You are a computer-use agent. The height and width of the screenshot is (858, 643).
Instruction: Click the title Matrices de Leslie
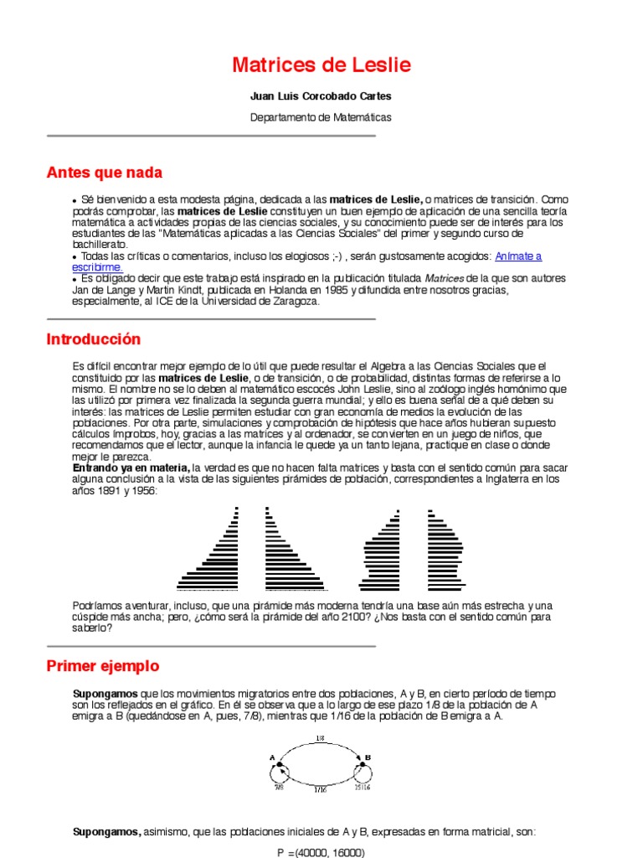(321, 66)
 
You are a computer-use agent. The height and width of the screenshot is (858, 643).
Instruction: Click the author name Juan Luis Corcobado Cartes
(321, 96)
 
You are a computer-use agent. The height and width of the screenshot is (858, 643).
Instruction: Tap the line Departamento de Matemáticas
(321, 117)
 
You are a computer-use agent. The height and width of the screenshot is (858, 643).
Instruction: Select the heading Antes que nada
(104, 173)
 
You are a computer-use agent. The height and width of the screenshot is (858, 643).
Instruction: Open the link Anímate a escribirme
(518, 256)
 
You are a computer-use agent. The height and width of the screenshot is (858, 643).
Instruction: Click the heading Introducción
(93, 339)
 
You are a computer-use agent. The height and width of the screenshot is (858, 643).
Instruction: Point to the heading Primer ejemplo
(102, 666)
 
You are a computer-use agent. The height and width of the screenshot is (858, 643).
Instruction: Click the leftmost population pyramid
(208, 549)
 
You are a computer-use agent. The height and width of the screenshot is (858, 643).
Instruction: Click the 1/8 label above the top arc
(320, 738)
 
